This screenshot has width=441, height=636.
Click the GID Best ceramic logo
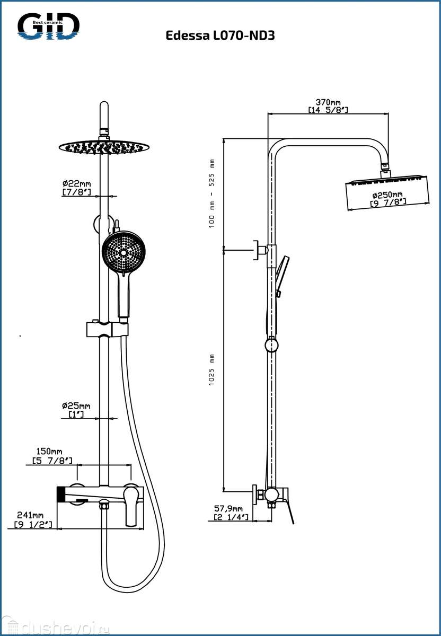click(48, 26)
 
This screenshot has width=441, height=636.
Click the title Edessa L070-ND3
click(220, 36)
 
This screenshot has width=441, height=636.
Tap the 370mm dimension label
click(328, 102)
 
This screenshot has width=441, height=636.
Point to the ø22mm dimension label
click(76, 184)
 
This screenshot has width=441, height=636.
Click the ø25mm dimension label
click(76, 406)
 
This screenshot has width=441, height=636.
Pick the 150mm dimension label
click(52, 451)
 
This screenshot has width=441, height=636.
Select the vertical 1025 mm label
click(211, 369)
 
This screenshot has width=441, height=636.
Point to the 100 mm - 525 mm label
click(211, 193)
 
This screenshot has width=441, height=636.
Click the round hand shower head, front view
click(123, 252)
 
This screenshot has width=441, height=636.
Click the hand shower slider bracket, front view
click(107, 329)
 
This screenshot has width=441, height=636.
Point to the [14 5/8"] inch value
click(328, 110)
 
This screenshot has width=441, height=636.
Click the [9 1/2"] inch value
click(34, 524)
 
